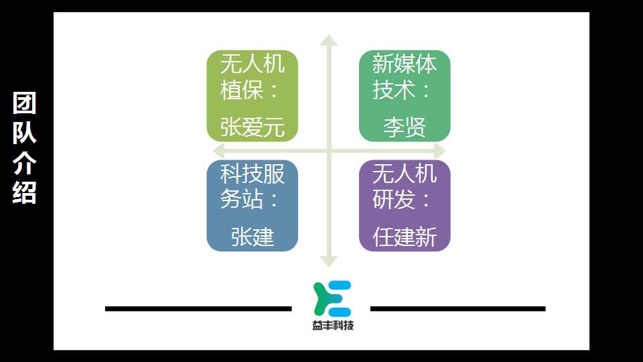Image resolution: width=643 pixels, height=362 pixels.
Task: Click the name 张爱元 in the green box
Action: [x=253, y=127]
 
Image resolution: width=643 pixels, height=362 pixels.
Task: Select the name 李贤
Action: [x=405, y=127]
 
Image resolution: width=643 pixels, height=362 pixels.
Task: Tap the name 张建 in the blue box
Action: [x=253, y=237]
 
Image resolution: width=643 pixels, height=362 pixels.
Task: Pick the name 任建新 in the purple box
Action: [x=405, y=237]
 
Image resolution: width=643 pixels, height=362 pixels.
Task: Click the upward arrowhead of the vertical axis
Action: [x=329, y=40]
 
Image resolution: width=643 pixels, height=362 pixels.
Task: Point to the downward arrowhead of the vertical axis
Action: [x=329, y=261]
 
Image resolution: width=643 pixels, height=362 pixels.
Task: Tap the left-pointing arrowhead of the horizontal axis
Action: [x=218, y=151]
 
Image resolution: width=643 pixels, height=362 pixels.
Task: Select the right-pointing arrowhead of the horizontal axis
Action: [x=439, y=151]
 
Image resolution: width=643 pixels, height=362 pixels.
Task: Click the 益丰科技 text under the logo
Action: [x=333, y=326]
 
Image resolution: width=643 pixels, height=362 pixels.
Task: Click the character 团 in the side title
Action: [x=25, y=103]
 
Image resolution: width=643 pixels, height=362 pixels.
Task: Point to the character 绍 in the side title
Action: [x=25, y=192]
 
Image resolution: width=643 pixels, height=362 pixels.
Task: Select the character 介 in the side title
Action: [x=25, y=162]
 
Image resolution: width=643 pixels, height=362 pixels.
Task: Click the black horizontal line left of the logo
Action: [x=198, y=308]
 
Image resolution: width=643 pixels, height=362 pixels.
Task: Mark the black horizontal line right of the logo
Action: [x=457, y=308]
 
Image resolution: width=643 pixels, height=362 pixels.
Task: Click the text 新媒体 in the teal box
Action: [x=405, y=64]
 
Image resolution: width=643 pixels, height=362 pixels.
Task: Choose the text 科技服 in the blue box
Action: [x=253, y=174]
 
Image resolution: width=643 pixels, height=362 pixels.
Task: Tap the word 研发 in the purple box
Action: [x=394, y=200]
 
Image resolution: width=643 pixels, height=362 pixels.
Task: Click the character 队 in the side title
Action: [x=25, y=133]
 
